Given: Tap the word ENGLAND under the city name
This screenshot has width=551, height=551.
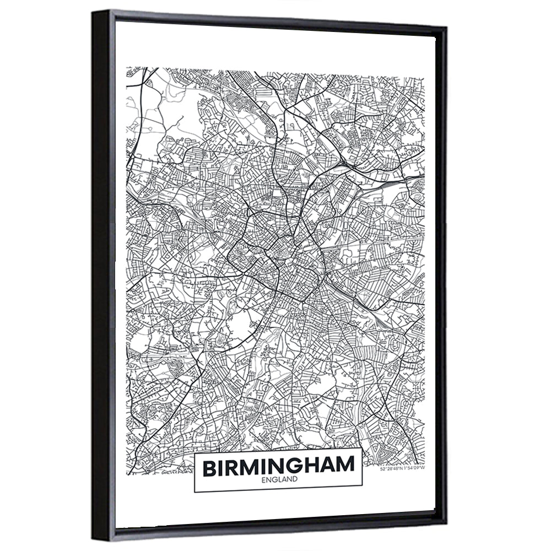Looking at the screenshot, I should (279, 479).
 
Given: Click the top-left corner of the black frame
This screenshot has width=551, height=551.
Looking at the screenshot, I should (94, 9).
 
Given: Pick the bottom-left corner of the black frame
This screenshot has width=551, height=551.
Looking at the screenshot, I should (94, 543).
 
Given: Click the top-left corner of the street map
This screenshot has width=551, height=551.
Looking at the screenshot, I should (127, 68).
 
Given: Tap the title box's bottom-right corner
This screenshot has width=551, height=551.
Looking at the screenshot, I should (362, 489).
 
